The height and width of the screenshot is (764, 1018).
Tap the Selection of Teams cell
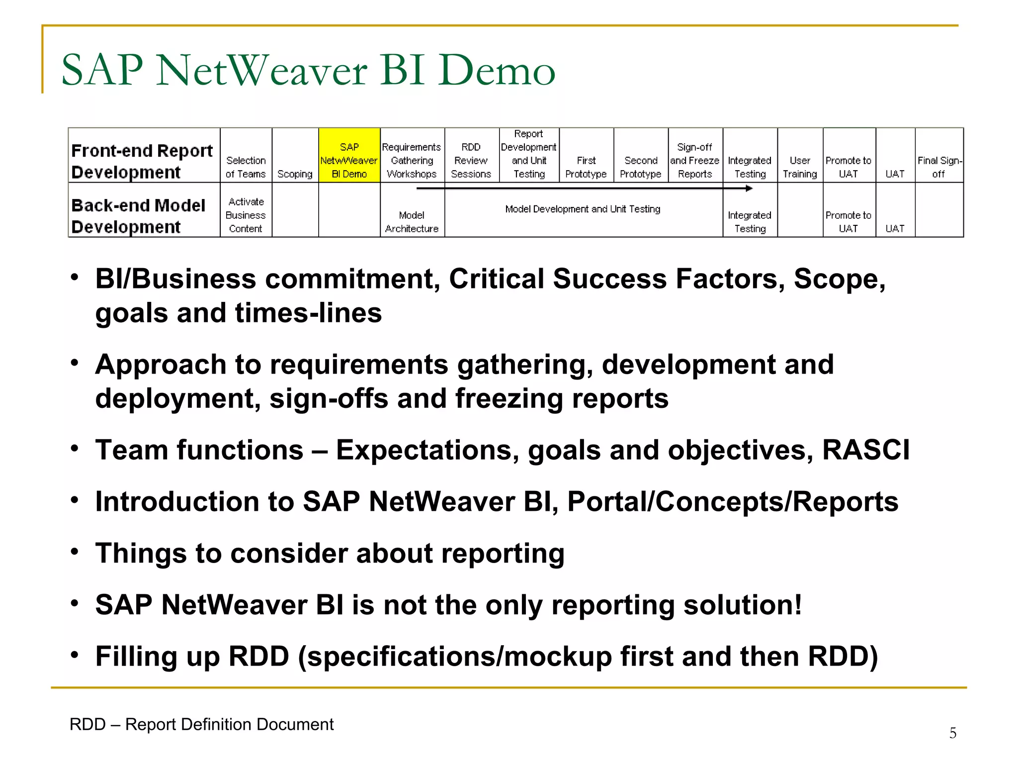click(x=246, y=167)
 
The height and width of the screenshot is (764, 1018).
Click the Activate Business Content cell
click(x=246, y=215)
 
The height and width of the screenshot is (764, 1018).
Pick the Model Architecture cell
click(x=412, y=222)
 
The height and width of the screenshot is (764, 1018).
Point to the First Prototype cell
click(x=586, y=167)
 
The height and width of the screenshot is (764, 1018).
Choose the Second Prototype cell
click(x=640, y=167)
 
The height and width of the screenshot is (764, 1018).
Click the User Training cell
click(x=800, y=167)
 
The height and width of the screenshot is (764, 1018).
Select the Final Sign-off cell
click(x=939, y=167)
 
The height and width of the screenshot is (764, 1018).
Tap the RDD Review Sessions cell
click(x=471, y=160)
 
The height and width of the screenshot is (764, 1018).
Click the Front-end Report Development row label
click(x=142, y=161)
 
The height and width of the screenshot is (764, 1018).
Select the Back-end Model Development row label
click(x=138, y=216)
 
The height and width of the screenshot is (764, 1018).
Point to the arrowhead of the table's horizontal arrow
click(x=749, y=189)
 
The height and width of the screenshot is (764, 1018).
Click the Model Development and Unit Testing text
click(x=583, y=209)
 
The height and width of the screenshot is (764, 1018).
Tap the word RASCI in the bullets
click(x=865, y=450)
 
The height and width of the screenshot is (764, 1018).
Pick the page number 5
click(x=952, y=733)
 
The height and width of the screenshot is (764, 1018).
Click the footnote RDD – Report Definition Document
click(x=201, y=725)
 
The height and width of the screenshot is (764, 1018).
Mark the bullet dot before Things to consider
click(x=75, y=552)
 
